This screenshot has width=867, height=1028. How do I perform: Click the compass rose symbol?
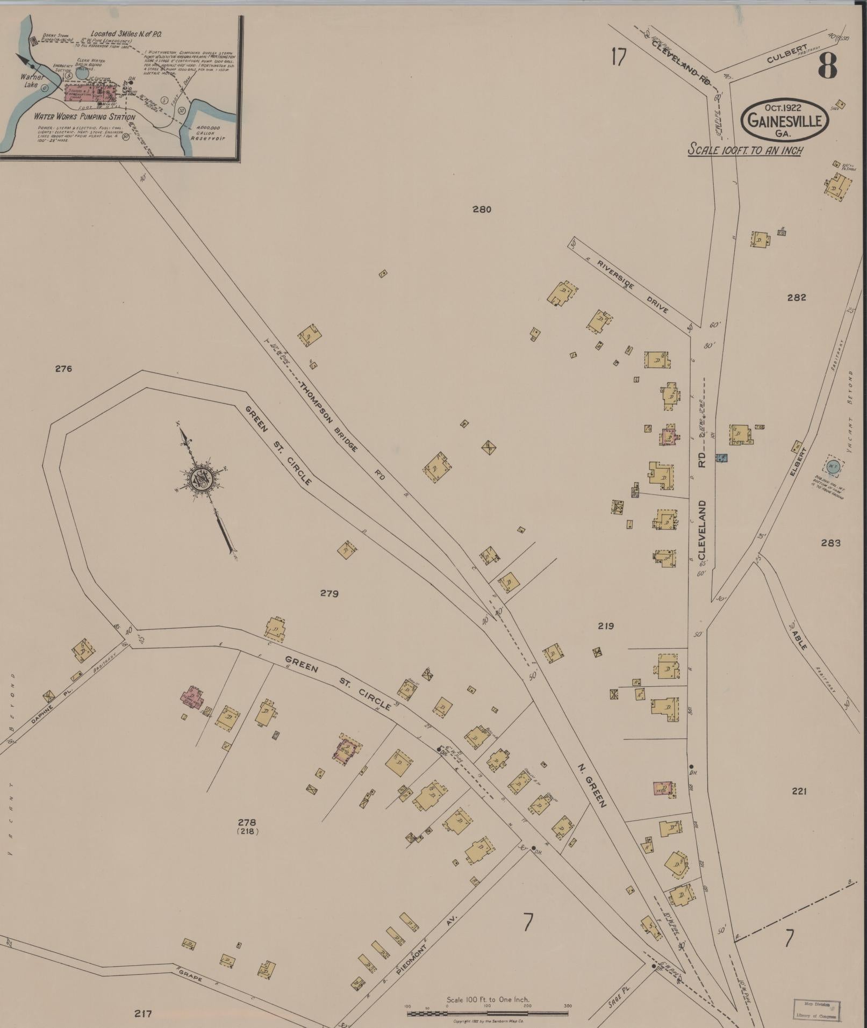tap(203, 477)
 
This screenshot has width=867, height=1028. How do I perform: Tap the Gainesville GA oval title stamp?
tap(785, 120)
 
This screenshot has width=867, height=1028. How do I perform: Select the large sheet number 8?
tap(828, 66)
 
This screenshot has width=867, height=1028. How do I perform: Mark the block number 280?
tap(482, 210)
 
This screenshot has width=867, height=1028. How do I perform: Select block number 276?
tap(63, 369)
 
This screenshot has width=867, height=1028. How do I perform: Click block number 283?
tap(830, 543)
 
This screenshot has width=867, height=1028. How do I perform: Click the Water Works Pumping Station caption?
tap(84, 117)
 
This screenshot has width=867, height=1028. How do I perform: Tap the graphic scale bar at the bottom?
tap(488, 1013)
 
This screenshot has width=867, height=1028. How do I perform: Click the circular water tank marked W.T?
tap(833, 466)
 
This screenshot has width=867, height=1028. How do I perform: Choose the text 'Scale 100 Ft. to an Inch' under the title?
tap(746, 150)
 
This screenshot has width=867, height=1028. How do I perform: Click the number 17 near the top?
tap(619, 57)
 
